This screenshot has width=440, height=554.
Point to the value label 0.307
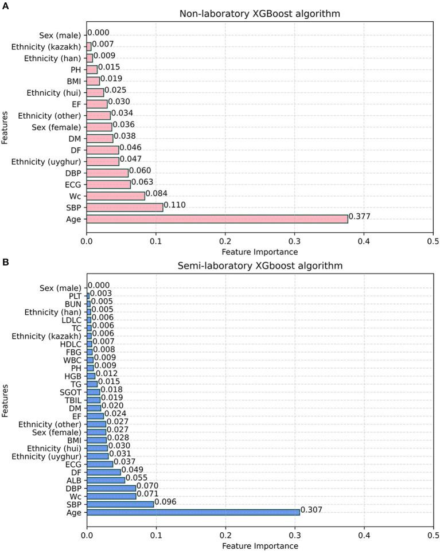pos(311,512)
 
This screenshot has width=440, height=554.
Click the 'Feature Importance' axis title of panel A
pos(260,251)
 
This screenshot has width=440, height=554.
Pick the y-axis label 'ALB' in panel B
pos(73,480)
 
